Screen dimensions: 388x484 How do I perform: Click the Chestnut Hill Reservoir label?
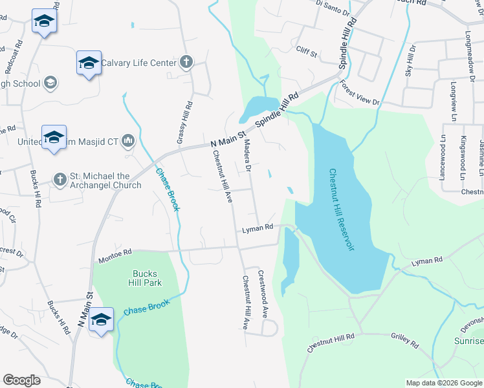[341, 210]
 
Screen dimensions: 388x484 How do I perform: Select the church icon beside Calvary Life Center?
[186, 63]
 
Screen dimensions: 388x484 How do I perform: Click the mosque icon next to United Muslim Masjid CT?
[128, 140]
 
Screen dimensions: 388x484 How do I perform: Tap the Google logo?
[21, 380]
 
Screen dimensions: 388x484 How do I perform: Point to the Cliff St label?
[307, 52]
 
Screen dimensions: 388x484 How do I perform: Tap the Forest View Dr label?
[360, 93]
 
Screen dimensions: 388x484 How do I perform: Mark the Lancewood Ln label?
[443, 158]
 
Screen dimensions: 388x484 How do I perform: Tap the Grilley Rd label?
[406, 339]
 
